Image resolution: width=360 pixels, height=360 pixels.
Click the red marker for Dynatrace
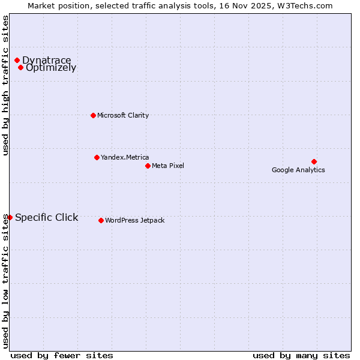point(17,60)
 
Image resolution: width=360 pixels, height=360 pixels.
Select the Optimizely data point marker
point(20,67)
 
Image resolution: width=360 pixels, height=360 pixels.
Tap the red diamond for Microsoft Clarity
point(93,115)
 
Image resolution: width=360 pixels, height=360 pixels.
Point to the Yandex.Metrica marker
point(97,157)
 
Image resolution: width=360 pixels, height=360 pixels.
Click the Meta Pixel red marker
point(148,166)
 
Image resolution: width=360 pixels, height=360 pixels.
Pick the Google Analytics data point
point(314,161)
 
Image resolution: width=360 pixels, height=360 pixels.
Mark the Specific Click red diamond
point(10,217)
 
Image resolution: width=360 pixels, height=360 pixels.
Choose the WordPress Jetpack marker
point(101,220)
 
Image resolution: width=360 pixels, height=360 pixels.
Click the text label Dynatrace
point(46,60)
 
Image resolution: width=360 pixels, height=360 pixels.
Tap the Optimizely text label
point(51,68)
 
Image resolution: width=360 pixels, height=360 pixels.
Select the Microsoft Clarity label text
point(123,115)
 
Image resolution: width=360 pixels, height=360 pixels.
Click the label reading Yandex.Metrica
point(125,157)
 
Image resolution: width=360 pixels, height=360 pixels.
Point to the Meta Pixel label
point(168,166)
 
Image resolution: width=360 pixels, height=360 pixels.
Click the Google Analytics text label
point(298,170)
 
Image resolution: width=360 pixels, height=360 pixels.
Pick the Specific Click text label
point(46,217)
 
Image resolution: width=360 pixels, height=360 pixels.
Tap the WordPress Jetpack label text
point(134,220)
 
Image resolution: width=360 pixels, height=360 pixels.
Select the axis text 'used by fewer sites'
point(62,355)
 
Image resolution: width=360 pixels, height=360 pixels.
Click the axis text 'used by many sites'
point(301,355)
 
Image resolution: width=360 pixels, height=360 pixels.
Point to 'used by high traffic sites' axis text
point(5,85)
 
